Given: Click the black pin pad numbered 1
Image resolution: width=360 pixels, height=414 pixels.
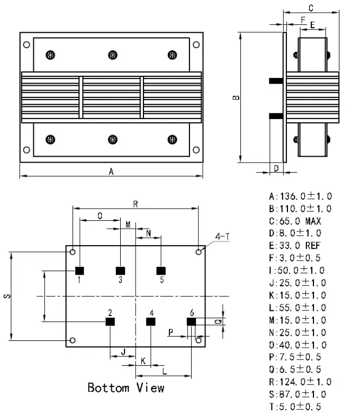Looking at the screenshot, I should point(79,271).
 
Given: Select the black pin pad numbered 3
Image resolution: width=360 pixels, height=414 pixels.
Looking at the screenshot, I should point(120,271).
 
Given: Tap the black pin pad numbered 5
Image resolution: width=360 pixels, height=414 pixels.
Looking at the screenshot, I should point(161,271).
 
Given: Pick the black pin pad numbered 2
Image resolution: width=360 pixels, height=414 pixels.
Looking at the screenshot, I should point(110,321).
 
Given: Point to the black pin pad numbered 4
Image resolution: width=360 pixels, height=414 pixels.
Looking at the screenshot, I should point(151,321).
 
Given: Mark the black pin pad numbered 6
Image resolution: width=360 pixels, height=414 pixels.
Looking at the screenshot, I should point(191,321).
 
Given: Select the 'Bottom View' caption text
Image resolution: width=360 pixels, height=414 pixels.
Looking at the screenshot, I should point(126,387).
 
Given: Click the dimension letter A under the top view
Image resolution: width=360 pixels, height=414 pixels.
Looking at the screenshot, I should point(111,172).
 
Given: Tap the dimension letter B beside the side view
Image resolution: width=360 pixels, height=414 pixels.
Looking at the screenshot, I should point(236,97).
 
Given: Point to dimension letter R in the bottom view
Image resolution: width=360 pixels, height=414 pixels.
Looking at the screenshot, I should point(135,204).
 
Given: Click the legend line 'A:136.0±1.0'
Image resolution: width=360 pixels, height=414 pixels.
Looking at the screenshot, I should point(300,196).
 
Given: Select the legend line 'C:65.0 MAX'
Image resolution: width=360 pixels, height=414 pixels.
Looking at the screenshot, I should point(295,221).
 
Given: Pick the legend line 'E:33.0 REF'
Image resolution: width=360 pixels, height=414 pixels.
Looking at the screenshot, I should point(295,246).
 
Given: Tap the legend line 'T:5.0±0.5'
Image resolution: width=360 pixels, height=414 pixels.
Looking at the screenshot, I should point(295,407).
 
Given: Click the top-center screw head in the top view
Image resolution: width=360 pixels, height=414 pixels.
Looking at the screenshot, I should point(112,54).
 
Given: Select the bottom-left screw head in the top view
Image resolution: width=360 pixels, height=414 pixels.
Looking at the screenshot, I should point(51,138).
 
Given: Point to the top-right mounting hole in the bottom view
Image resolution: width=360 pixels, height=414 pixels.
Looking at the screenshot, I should point(199,252).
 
